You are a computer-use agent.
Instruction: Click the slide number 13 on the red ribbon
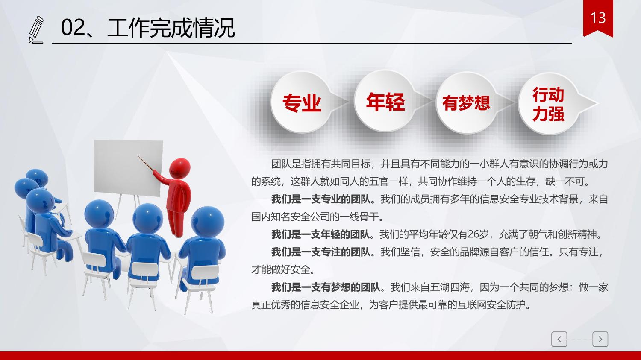pyautogui.click(x=598, y=18)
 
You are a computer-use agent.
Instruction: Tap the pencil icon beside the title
pyautogui.click(x=36, y=30)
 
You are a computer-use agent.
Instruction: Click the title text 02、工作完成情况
pyautogui.click(x=148, y=28)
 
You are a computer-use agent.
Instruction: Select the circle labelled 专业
pyautogui.click(x=301, y=102)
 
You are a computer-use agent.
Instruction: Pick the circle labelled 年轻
pyautogui.click(x=385, y=101)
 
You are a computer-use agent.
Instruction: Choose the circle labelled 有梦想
pyautogui.click(x=466, y=102)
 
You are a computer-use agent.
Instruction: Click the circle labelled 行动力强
pyautogui.click(x=548, y=103)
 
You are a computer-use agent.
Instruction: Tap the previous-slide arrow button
pyautogui.click(x=559, y=339)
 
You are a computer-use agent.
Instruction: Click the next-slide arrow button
pyautogui.click(x=600, y=339)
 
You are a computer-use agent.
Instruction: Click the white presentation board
pyautogui.click(x=128, y=168)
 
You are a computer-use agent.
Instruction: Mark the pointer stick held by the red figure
pyautogui.click(x=146, y=164)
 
